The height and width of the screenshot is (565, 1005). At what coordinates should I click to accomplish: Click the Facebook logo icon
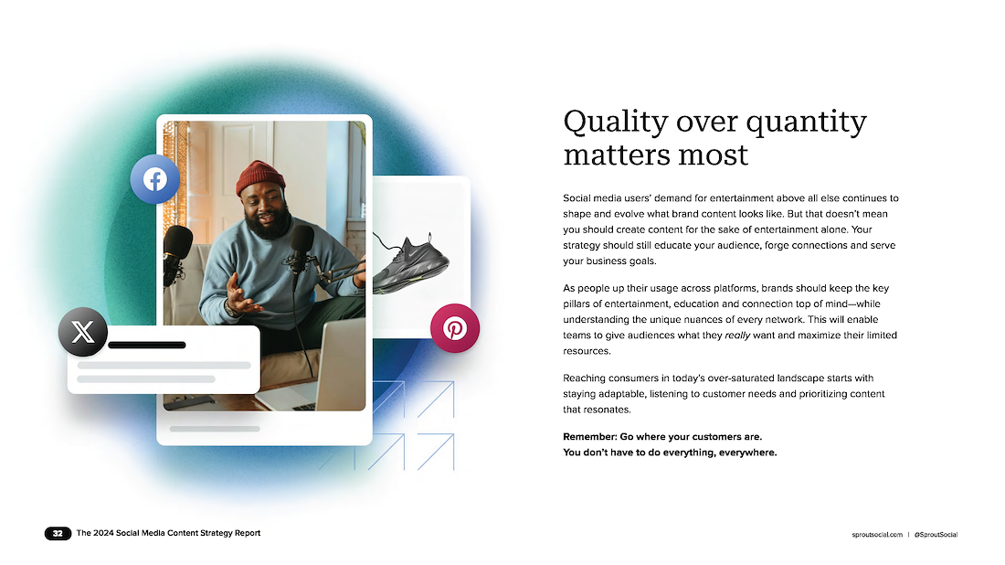pos(155,179)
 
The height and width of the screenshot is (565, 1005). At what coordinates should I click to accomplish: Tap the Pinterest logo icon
pos(455,328)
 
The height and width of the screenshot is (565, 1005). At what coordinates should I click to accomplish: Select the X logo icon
pos(82,332)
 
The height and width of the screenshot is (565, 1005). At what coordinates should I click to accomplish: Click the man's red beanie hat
pos(260,177)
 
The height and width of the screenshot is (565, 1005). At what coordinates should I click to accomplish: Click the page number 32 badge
pos(58,533)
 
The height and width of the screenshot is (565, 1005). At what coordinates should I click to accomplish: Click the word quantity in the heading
pos(807,122)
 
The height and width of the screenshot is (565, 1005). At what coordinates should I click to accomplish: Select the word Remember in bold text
pos(589,437)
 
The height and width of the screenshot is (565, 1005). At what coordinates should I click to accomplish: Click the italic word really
pos(737,336)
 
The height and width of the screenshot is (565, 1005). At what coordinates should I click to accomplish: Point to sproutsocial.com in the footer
pos(877,534)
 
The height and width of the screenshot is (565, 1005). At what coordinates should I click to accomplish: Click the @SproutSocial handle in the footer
pos(936,534)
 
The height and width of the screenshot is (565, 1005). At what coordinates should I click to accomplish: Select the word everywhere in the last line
pos(747,453)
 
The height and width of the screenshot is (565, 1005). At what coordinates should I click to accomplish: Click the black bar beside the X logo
pos(147,345)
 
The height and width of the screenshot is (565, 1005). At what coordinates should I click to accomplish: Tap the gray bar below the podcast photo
pos(215,429)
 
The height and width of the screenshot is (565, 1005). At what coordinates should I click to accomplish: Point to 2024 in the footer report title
pos(103,533)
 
